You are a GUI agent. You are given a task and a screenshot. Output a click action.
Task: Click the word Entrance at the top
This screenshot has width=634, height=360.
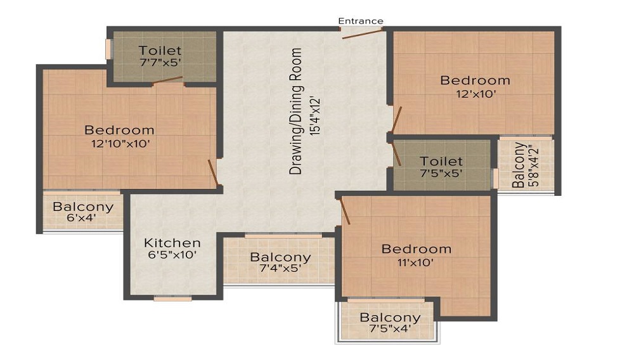click(361, 21)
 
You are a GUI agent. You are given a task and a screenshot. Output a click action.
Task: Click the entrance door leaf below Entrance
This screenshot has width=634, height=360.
click(362, 34)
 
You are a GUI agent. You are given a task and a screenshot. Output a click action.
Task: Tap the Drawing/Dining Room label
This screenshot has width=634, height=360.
click(296, 111)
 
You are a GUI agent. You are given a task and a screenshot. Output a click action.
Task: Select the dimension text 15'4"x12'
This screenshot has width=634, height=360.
click(315, 116)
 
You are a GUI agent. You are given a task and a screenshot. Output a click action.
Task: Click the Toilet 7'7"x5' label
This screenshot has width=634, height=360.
click(160, 56)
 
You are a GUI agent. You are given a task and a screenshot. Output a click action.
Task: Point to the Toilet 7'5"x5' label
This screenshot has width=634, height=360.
click(441, 167)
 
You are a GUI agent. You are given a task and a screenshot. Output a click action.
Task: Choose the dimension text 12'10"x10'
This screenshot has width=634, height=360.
click(120, 143)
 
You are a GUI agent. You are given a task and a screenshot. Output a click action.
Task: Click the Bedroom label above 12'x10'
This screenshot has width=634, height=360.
click(475, 80)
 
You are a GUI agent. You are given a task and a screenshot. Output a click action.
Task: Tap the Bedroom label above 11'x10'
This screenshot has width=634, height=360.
click(417, 249)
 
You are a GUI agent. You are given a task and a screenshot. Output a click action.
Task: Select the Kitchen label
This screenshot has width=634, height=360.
click(172, 243)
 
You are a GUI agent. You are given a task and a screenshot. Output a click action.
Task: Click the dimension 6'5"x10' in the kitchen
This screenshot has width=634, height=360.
click(172, 255)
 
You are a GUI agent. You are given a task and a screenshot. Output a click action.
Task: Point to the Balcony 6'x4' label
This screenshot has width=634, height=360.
click(83, 212)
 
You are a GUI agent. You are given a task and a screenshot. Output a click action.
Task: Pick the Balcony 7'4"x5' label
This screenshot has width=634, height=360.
click(280, 262)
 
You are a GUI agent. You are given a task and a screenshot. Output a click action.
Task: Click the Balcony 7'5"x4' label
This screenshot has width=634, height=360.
click(390, 323)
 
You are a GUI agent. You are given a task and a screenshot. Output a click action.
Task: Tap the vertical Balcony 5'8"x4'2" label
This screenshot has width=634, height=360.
click(525, 165)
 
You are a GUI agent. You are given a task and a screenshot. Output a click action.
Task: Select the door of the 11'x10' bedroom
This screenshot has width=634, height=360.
click(346, 211)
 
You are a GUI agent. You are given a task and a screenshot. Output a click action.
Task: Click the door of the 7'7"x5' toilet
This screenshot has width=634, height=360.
click(167, 80)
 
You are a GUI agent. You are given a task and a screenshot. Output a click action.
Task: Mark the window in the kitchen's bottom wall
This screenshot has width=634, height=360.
click(172, 299)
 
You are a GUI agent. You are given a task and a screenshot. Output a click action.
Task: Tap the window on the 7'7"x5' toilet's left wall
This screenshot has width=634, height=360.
click(108, 49)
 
